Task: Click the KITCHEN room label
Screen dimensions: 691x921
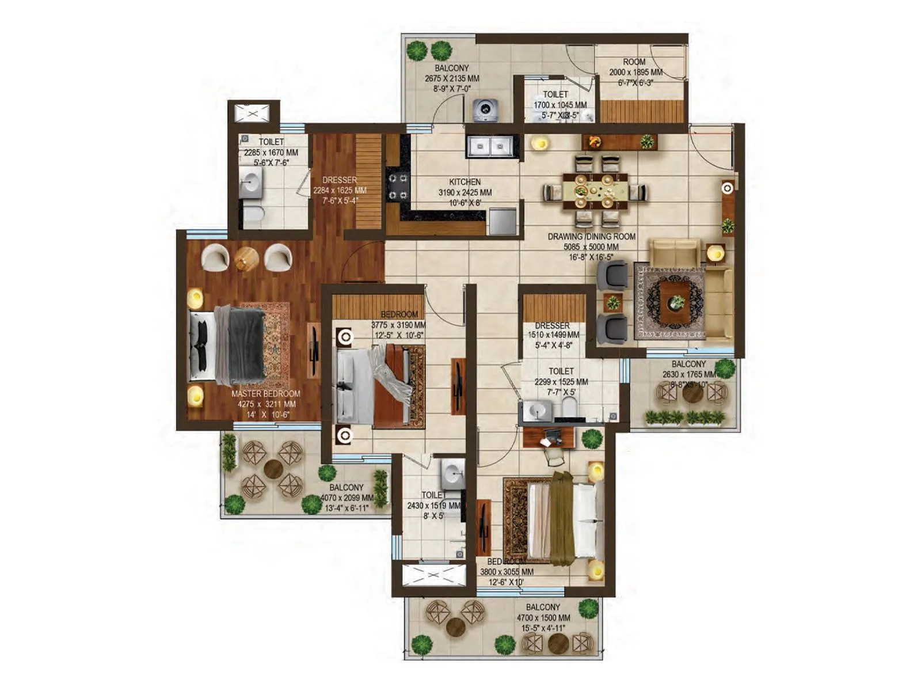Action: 465,182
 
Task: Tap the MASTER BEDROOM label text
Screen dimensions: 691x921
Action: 265,394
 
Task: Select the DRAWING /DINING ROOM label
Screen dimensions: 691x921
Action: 591,237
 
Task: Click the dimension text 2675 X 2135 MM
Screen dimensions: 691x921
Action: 452,79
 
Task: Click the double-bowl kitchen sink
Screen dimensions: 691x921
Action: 489,146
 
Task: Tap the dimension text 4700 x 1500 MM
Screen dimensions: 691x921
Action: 543,618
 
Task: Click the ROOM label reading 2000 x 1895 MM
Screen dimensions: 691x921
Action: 635,73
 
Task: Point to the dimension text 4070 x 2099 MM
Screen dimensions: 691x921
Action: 347,498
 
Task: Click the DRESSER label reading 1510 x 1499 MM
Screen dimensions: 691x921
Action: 553,335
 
